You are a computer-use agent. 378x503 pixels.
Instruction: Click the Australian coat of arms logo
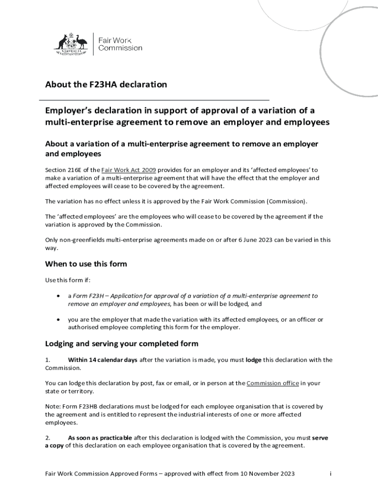pyautogui.click(x=70, y=43)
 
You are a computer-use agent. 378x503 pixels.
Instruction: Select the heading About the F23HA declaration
pyautogui.click(x=106, y=84)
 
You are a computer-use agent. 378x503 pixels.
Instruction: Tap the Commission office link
pyautogui.click(x=272, y=383)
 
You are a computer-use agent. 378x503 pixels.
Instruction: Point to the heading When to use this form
pyautogui.click(x=86, y=264)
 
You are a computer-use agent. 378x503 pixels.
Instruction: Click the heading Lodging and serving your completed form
pyautogui.click(x=122, y=343)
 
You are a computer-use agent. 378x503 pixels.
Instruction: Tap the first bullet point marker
pyautogui.click(x=58, y=296)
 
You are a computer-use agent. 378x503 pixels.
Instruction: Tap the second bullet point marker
pyautogui.click(x=58, y=320)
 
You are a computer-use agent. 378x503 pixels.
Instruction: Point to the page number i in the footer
pyautogui.click(x=331, y=474)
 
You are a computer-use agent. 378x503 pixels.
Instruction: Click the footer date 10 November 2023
pyautogui.click(x=267, y=474)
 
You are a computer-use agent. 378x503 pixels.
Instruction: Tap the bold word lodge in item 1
pyautogui.click(x=253, y=360)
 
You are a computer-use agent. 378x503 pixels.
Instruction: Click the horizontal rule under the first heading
pyautogui.click(x=157, y=100)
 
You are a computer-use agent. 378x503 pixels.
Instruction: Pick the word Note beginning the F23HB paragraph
pyautogui.click(x=53, y=407)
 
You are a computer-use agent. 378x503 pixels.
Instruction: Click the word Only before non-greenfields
pyautogui.click(x=53, y=240)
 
